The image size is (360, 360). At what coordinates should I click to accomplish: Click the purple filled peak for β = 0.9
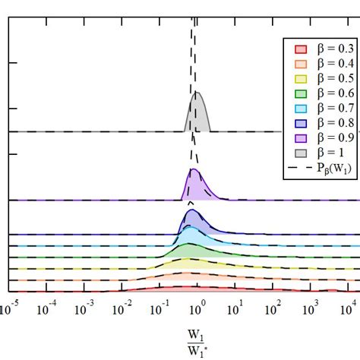pyautogui.click(x=195, y=187)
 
